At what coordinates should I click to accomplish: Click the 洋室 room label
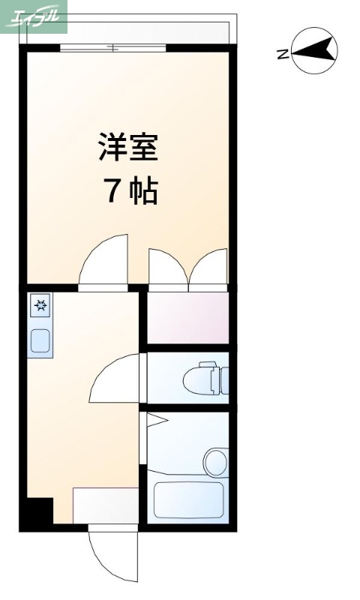pyautogui.click(x=127, y=147)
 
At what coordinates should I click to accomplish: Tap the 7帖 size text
pyautogui.click(x=129, y=192)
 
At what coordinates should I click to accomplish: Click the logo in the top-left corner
pyautogui.click(x=34, y=16)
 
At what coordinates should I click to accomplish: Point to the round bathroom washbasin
pyautogui.click(x=216, y=460)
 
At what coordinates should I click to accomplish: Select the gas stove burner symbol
pyautogui.click(x=40, y=305)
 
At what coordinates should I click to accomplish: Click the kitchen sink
pyautogui.click(x=40, y=340)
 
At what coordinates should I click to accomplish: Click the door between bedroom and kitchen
pyautogui.click(x=103, y=262)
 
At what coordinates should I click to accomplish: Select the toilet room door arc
pyautogui.click(x=116, y=379)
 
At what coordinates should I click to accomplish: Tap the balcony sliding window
pyautogui.click(x=112, y=48)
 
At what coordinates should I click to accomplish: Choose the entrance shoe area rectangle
pyautogui.click(x=105, y=504)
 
